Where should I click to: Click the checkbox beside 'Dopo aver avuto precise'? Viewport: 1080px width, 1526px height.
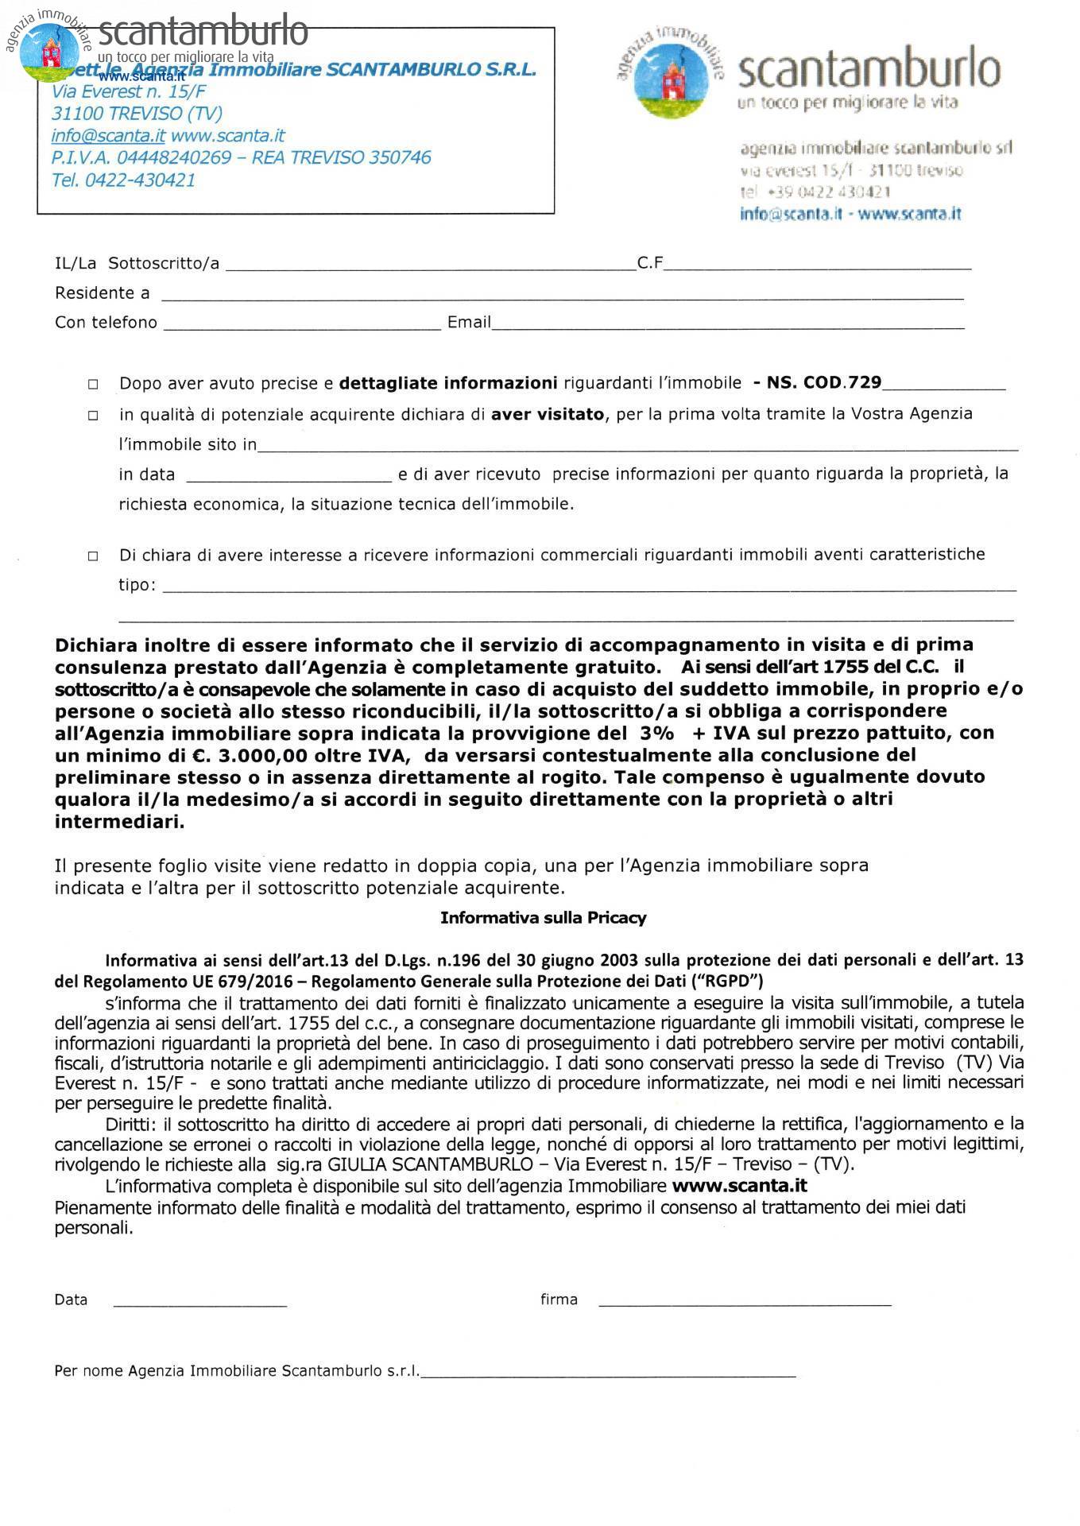coord(93,384)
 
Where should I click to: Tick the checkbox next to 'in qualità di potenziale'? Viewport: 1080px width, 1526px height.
coord(93,415)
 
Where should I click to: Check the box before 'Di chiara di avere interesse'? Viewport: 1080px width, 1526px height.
coord(93,556)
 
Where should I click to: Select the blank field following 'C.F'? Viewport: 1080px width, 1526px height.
coord(817,265)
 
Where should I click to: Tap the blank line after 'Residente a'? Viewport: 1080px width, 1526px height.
coord(562,295)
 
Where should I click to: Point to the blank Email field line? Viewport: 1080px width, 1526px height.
coord(727,324)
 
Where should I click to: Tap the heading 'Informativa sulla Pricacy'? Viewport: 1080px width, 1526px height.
coord(543,918)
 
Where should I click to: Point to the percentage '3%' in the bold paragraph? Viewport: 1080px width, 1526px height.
coord(652,733)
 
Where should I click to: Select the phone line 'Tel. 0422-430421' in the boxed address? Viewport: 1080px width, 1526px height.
coord(123,180)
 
